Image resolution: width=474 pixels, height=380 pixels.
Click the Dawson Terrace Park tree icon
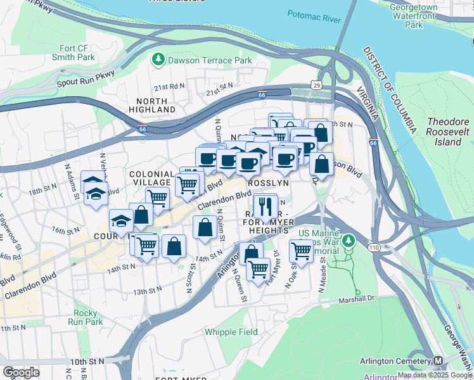158,60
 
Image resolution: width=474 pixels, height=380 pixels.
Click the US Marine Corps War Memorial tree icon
347,241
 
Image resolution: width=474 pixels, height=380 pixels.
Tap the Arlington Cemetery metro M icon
438,361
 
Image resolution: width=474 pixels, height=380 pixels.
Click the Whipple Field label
231,332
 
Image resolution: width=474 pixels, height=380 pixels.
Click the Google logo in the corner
21,372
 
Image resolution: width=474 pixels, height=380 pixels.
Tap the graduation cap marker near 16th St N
120,220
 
